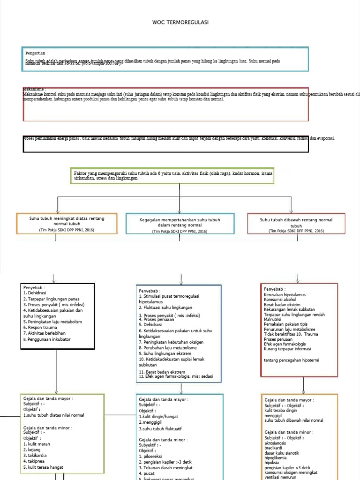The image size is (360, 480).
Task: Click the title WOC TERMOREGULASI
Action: (180, 22)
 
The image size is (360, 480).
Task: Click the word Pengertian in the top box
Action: (36, 53)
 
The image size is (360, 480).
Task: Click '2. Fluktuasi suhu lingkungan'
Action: (165, 307)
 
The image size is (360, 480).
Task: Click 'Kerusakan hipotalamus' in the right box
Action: (285, 294)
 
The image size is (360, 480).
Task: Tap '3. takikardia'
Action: (37, 455)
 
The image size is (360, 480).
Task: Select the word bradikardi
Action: (275, 448)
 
